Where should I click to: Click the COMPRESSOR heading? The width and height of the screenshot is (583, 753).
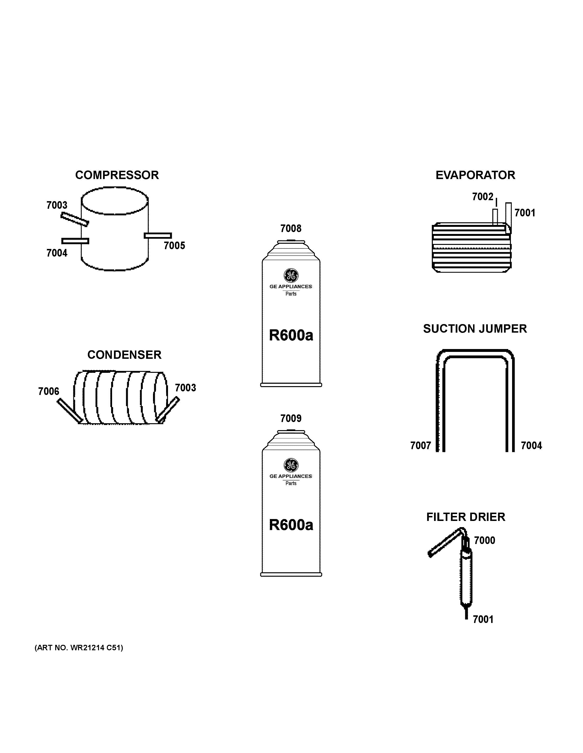pos(117,175)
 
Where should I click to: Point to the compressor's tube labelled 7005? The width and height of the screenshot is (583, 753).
pos(158,235)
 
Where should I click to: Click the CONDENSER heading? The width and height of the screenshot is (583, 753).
pos(124,355)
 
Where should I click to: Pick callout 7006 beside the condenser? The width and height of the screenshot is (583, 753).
pos(49,391)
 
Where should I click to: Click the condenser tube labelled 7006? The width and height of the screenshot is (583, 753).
pos(70,410)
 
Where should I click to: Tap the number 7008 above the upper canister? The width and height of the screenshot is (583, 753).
pos(291,228)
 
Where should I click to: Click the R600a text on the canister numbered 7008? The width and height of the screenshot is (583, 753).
pos(291,335)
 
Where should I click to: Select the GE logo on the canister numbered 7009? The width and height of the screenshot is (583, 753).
pos(291,465)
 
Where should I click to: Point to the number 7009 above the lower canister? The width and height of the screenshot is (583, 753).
pos(291,418)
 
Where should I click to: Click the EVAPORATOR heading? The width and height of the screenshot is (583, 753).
pos(475,175)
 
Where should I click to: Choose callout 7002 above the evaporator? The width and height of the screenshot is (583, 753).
pos(483,197)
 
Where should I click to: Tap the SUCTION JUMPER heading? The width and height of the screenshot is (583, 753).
pos(475,329)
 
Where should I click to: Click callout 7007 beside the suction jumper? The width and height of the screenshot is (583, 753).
pos(420,446)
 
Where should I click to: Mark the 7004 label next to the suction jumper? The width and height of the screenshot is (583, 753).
pos(531,446)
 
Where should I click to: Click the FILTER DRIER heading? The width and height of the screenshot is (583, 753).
pos(466,517)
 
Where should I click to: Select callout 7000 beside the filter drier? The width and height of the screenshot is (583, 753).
pos(484,540)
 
